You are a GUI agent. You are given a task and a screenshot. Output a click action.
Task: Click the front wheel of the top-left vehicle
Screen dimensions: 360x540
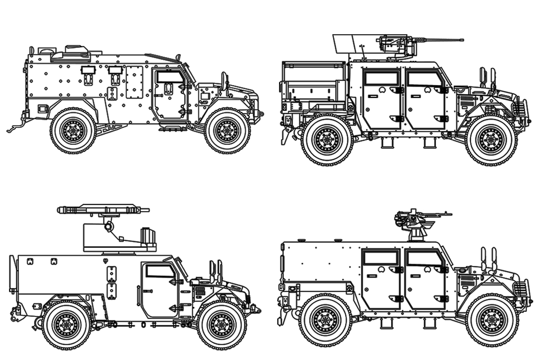coord(227,131)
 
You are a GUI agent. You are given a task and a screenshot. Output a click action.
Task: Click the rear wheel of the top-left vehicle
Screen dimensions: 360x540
coord(72,131)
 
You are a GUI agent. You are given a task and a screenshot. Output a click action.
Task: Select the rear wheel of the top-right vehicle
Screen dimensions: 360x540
coord(327,139)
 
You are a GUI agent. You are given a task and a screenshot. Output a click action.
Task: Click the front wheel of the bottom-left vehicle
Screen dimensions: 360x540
coord(222,325)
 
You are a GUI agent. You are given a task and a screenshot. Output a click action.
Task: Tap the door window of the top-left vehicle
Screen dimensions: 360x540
coord(170,76)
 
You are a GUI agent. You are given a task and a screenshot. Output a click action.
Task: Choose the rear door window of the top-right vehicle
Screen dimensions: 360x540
coord(381,78)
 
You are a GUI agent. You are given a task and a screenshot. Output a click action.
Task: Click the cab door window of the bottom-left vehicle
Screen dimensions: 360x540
coord(161,271)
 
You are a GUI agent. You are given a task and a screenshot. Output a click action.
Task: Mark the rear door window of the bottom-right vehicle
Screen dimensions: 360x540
coord(381,257)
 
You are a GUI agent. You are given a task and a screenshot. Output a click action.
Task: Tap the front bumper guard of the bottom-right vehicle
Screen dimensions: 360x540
coord(522,288)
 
